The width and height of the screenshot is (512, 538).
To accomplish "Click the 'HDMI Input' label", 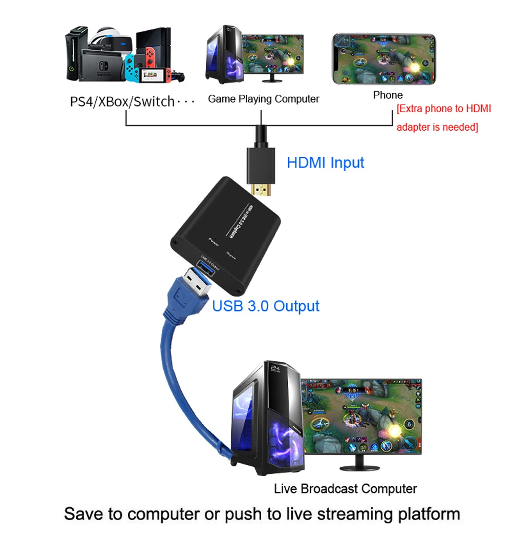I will (325, 163).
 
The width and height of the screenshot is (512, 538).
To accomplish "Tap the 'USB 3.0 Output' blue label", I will (266, 306).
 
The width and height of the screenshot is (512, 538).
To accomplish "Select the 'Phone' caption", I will (388, 95).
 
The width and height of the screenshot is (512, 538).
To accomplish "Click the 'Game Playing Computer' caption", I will (263, 99).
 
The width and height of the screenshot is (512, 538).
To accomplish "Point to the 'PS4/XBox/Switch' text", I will (122, 101).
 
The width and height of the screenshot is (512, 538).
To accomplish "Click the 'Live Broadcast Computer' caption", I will (345, 488).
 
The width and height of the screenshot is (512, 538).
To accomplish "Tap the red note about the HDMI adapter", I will (443, 118).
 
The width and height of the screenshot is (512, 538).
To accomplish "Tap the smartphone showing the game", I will (384, 59).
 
